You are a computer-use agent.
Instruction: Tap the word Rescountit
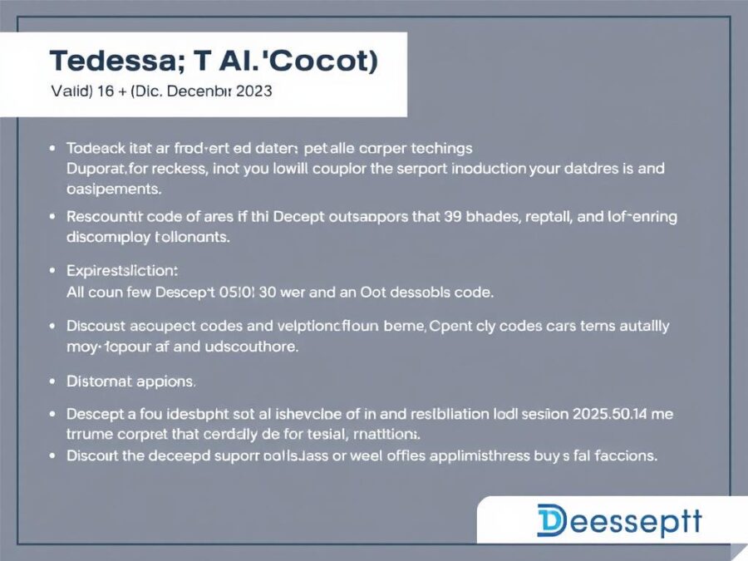click(107, 217)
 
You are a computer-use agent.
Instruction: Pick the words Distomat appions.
click(130, 381)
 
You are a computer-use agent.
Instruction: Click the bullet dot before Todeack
click(52, 150)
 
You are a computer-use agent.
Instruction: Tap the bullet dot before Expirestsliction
click(52, 271)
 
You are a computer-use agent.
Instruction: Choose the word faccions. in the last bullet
click(627, 455)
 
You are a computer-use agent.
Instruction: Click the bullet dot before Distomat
click(52, 381)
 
